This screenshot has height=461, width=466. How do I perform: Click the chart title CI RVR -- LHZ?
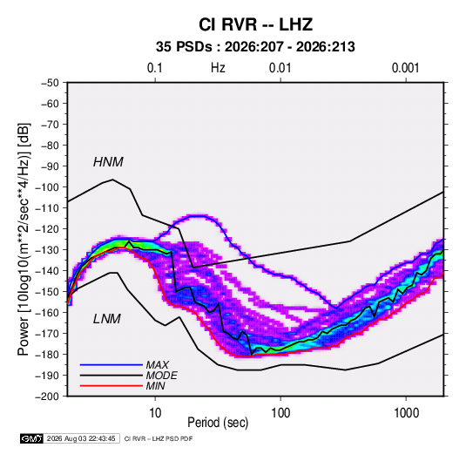point(255,24)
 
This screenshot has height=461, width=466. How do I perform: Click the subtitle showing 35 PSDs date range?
point(255,47)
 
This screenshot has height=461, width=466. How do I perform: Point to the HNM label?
point(108,162)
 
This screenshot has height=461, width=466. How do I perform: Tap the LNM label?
point(107,319)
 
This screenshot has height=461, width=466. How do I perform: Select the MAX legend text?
point(157,365)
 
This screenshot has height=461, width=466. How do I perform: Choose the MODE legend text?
point(161,376)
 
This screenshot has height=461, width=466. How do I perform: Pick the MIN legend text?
point(155,386)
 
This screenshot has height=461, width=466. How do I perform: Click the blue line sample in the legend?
point(111,365)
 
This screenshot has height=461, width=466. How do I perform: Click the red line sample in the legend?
point(111,386)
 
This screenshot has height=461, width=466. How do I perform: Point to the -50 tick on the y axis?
point(50,83)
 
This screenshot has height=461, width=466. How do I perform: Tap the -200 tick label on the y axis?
point(47,397)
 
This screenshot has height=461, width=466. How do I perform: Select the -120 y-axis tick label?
point(47,229)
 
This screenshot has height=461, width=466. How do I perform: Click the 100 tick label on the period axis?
point(280,413)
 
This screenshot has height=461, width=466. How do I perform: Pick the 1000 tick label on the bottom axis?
point(406,413)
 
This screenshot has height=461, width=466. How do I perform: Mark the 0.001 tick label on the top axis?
point(405,68)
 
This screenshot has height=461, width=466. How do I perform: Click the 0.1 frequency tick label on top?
point(155,68)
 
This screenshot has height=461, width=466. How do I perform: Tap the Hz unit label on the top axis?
point(218,68)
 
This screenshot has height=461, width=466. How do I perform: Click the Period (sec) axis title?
point(218,423)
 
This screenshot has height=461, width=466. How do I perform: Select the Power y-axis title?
point(24,240)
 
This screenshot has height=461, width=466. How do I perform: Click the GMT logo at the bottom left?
point(31,438)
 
